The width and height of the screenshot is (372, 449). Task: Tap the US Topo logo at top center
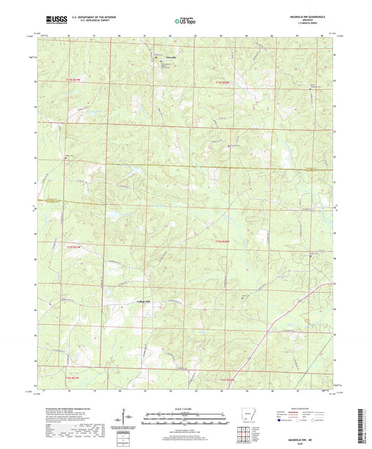[x=184, y=22]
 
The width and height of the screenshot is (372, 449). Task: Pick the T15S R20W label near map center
[x=223, y=241]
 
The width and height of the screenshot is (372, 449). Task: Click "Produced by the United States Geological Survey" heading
[x=73, y=410]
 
